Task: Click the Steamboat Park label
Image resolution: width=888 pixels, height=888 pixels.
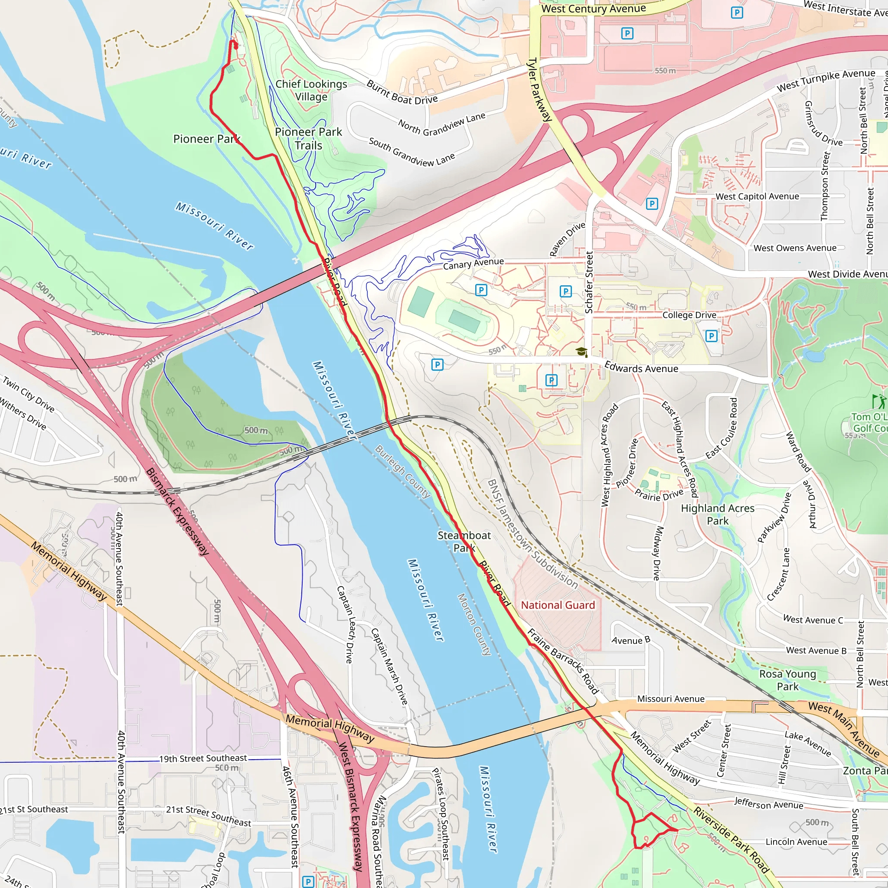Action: coord(464,542)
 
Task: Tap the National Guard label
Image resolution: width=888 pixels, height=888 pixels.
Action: coord(558,605)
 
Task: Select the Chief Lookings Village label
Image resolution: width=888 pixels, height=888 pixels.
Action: coord(311,90)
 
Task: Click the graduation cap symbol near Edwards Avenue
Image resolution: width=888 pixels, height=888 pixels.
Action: coord(581,352)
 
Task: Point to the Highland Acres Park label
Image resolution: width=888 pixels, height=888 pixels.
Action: coord(718,514)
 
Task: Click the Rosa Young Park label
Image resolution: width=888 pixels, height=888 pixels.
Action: coord(787,680)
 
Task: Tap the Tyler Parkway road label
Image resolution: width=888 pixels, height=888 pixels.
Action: coord(539,90)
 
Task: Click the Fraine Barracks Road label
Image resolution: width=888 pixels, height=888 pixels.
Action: coord(562,661)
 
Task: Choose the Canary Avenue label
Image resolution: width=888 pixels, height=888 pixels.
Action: coord(473,263)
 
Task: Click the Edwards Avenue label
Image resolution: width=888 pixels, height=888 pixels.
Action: coord(641,368)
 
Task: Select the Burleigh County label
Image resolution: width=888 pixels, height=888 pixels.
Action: coord(403,471)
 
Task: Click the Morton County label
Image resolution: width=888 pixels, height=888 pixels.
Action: coord(474,624)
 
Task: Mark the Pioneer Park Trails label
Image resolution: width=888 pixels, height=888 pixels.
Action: coord(308,138)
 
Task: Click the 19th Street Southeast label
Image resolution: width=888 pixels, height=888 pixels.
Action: coord(203,758)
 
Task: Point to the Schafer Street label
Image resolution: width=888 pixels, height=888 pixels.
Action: coord(589,282)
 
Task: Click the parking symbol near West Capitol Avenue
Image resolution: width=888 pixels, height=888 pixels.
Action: coord(652,204)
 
